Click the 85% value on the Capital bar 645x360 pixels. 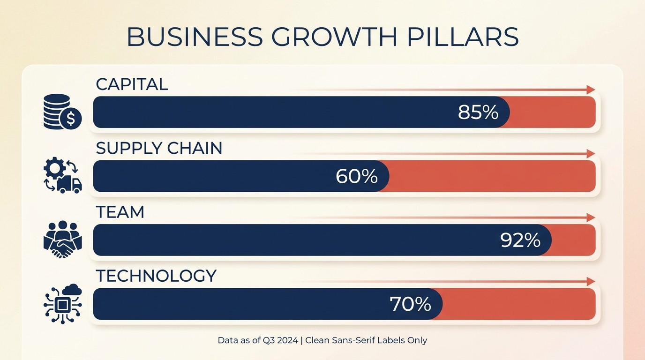pos(478,112)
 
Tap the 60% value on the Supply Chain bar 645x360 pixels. pos(357,176)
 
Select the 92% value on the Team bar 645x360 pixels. pos(520,240)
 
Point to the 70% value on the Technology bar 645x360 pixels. pos(410,304)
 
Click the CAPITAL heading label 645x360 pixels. pos(132,84)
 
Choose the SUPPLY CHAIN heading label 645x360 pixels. pos(159,148)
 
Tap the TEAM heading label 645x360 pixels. pos(120,212)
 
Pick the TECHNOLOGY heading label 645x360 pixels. pos(156,276)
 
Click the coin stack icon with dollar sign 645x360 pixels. pos(62,112)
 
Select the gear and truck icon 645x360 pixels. pos(62,176)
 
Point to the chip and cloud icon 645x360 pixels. pos(62,304)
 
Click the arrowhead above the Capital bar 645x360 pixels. pos(591,90)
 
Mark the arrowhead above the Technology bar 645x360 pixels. pos(591,281)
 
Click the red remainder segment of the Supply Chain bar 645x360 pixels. pos(492,176)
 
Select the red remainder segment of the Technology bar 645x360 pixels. pos(518,304)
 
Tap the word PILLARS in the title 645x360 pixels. pos(463,37)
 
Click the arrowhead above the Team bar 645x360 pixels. pos(591,217)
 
